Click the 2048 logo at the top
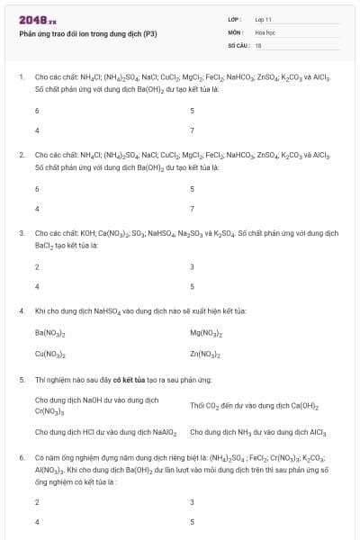pos(37,19)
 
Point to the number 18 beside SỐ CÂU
pos(258,44)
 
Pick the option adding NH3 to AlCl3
pos(257,432)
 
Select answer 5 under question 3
pos(193,286)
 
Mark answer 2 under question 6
pos(37,501)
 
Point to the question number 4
pos(21,310)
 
